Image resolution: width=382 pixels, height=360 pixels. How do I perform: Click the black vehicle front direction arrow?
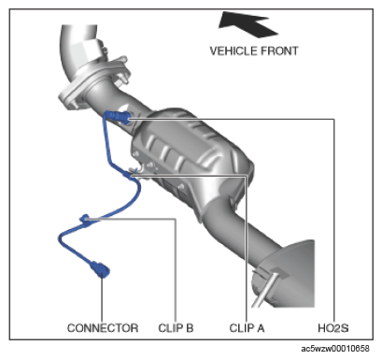pos(246,24)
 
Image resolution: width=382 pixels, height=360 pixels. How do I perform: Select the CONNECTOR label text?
pos(103,328)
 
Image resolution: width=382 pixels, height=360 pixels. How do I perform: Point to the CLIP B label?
pos(176,328)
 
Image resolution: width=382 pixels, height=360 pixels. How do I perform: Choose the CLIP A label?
pos(247,328)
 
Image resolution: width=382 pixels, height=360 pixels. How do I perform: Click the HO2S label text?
pos(333,328)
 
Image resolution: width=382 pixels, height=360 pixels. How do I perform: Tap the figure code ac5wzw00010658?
pos(335,348)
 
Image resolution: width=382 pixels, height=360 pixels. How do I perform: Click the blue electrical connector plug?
pos(100,269)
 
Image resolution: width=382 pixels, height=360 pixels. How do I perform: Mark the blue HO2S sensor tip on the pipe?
pos(122,117)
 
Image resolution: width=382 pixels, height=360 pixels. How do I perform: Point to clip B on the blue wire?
pos(85,219)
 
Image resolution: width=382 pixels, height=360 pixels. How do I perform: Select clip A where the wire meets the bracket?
pos(132,173)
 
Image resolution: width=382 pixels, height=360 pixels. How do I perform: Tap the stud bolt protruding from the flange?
pos(123,78)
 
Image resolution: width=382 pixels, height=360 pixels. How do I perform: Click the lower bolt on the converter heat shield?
pos(181,187)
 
